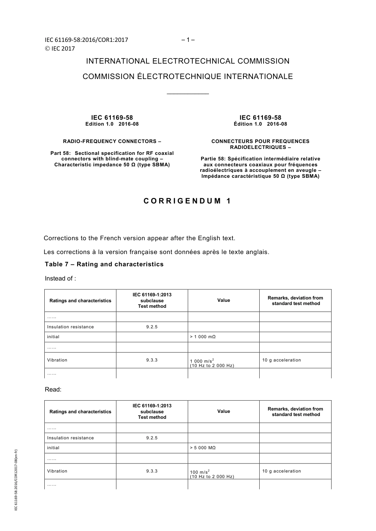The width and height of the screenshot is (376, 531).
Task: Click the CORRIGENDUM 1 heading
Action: [187, 201]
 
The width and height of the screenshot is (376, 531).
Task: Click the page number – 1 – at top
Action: [188, 40]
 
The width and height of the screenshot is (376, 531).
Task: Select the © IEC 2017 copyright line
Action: [60, 49]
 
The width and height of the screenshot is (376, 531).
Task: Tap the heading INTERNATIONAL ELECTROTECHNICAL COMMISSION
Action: [188, 61]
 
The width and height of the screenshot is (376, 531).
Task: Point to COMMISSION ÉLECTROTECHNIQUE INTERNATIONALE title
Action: [188, 77]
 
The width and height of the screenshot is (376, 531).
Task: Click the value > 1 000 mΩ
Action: [203, 337]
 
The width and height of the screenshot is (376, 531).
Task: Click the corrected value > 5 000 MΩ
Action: [203, 448]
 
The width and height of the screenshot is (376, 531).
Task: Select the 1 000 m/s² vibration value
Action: [202, 361]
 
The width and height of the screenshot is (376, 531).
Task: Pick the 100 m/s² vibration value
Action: [200, 472]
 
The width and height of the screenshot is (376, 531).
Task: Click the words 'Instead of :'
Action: [60, 279]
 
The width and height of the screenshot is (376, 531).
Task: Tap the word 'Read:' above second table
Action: [53, 390]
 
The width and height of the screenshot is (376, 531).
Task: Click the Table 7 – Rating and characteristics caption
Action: [104, 264]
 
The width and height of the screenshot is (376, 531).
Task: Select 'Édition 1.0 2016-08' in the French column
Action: [260, 124]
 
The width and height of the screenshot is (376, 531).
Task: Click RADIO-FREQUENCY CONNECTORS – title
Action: [112, 141]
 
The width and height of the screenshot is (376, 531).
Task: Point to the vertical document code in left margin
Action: [16, 480]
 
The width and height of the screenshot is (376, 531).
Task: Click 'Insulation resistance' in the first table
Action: [70, 327]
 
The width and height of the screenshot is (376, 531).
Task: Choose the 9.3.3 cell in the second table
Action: [152, 471]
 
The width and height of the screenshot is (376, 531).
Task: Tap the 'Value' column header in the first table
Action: [224, 300]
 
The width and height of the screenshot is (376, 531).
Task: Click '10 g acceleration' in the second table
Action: [281, 471]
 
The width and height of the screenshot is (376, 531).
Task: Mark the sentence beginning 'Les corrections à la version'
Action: [156, 252]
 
